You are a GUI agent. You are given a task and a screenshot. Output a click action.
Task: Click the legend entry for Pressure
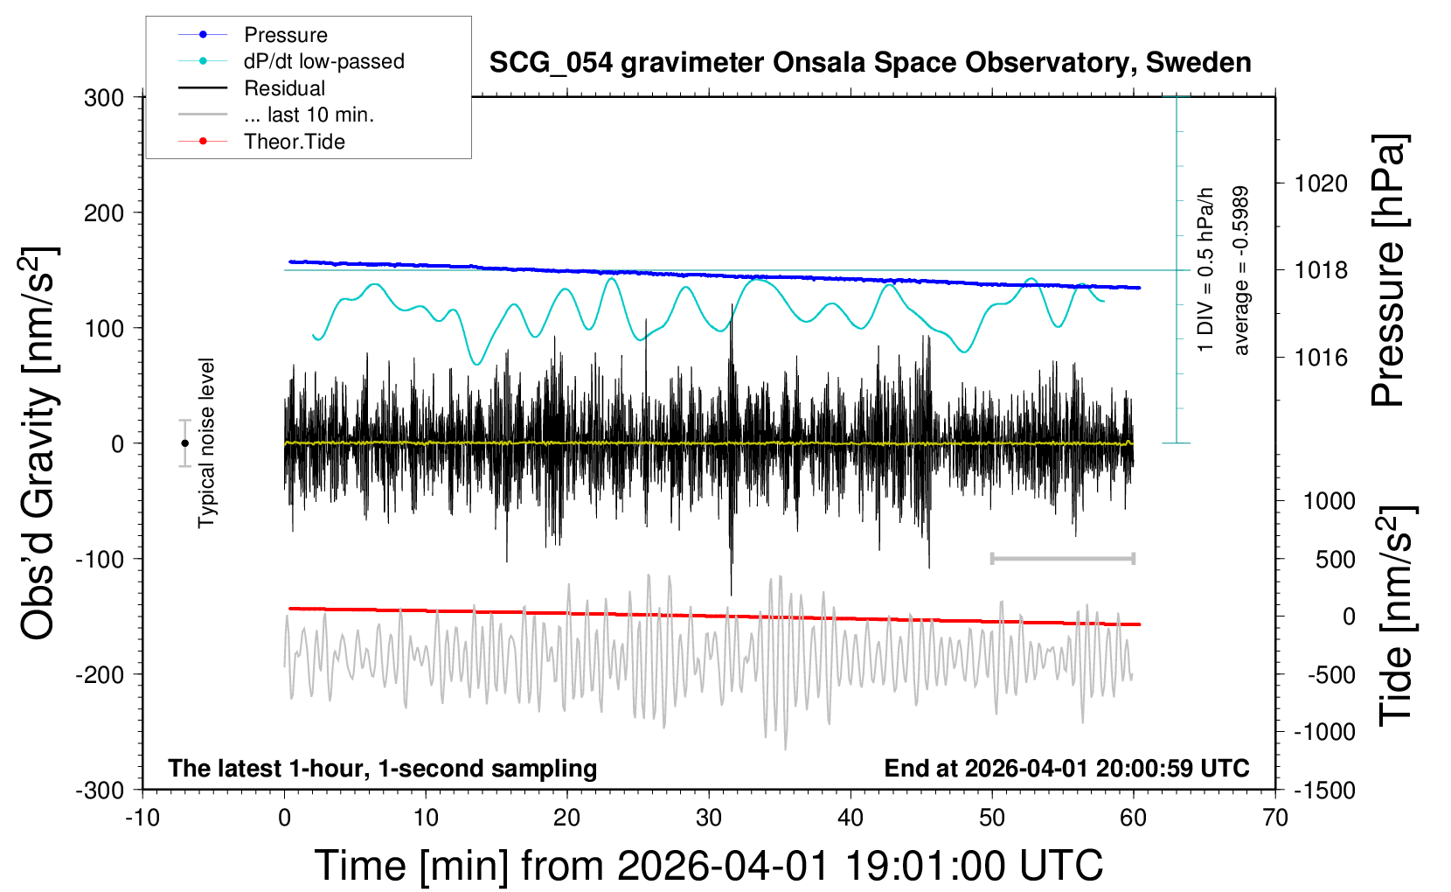(x=285, y=35)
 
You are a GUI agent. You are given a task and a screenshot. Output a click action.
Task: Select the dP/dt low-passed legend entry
(x=323, y=61)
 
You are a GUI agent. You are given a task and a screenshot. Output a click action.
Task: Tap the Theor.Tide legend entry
(x=294, y=142)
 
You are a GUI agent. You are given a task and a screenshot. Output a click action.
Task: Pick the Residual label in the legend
(x=284, y=88)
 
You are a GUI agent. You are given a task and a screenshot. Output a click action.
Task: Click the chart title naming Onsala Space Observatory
(x=870, y=63)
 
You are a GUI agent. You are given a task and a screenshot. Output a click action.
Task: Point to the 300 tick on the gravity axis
(x=104, y=98)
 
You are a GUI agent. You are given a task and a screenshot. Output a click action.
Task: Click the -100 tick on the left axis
(x=100, y=559)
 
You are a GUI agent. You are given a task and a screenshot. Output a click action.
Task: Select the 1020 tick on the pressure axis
(x=1321, y=184)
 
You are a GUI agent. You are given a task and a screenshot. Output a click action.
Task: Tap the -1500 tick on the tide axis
(x=1324, y=791)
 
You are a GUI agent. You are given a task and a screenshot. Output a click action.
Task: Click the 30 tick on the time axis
(x=709, y=819)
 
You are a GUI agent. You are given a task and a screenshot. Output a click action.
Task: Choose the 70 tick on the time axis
(x=1275, y=819)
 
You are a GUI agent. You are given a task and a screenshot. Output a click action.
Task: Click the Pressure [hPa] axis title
(x=1389, y=270)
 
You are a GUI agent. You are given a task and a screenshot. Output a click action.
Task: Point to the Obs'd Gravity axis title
(x=38, y=443)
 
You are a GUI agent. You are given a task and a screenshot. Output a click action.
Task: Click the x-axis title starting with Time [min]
(x=708, y=866)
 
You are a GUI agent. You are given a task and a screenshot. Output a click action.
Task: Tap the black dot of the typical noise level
(x=185, y=443)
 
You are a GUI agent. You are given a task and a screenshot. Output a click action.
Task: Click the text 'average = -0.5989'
(x=1240, y=270)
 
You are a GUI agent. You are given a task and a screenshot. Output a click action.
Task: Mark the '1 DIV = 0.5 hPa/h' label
(x=1206, y=270)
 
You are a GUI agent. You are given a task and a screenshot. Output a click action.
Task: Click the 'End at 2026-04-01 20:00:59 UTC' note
(x=1066, y=769)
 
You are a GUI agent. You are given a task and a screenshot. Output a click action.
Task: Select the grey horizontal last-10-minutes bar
(x=1062, y=559)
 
